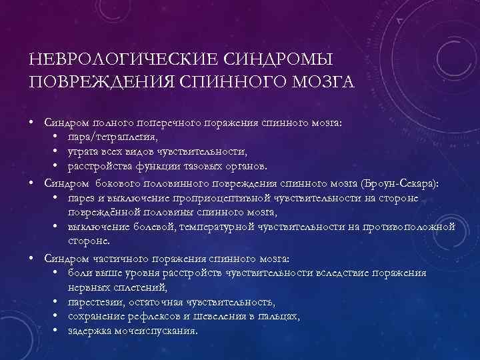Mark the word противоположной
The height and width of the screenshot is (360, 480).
410,227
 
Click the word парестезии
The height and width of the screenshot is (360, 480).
94,302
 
